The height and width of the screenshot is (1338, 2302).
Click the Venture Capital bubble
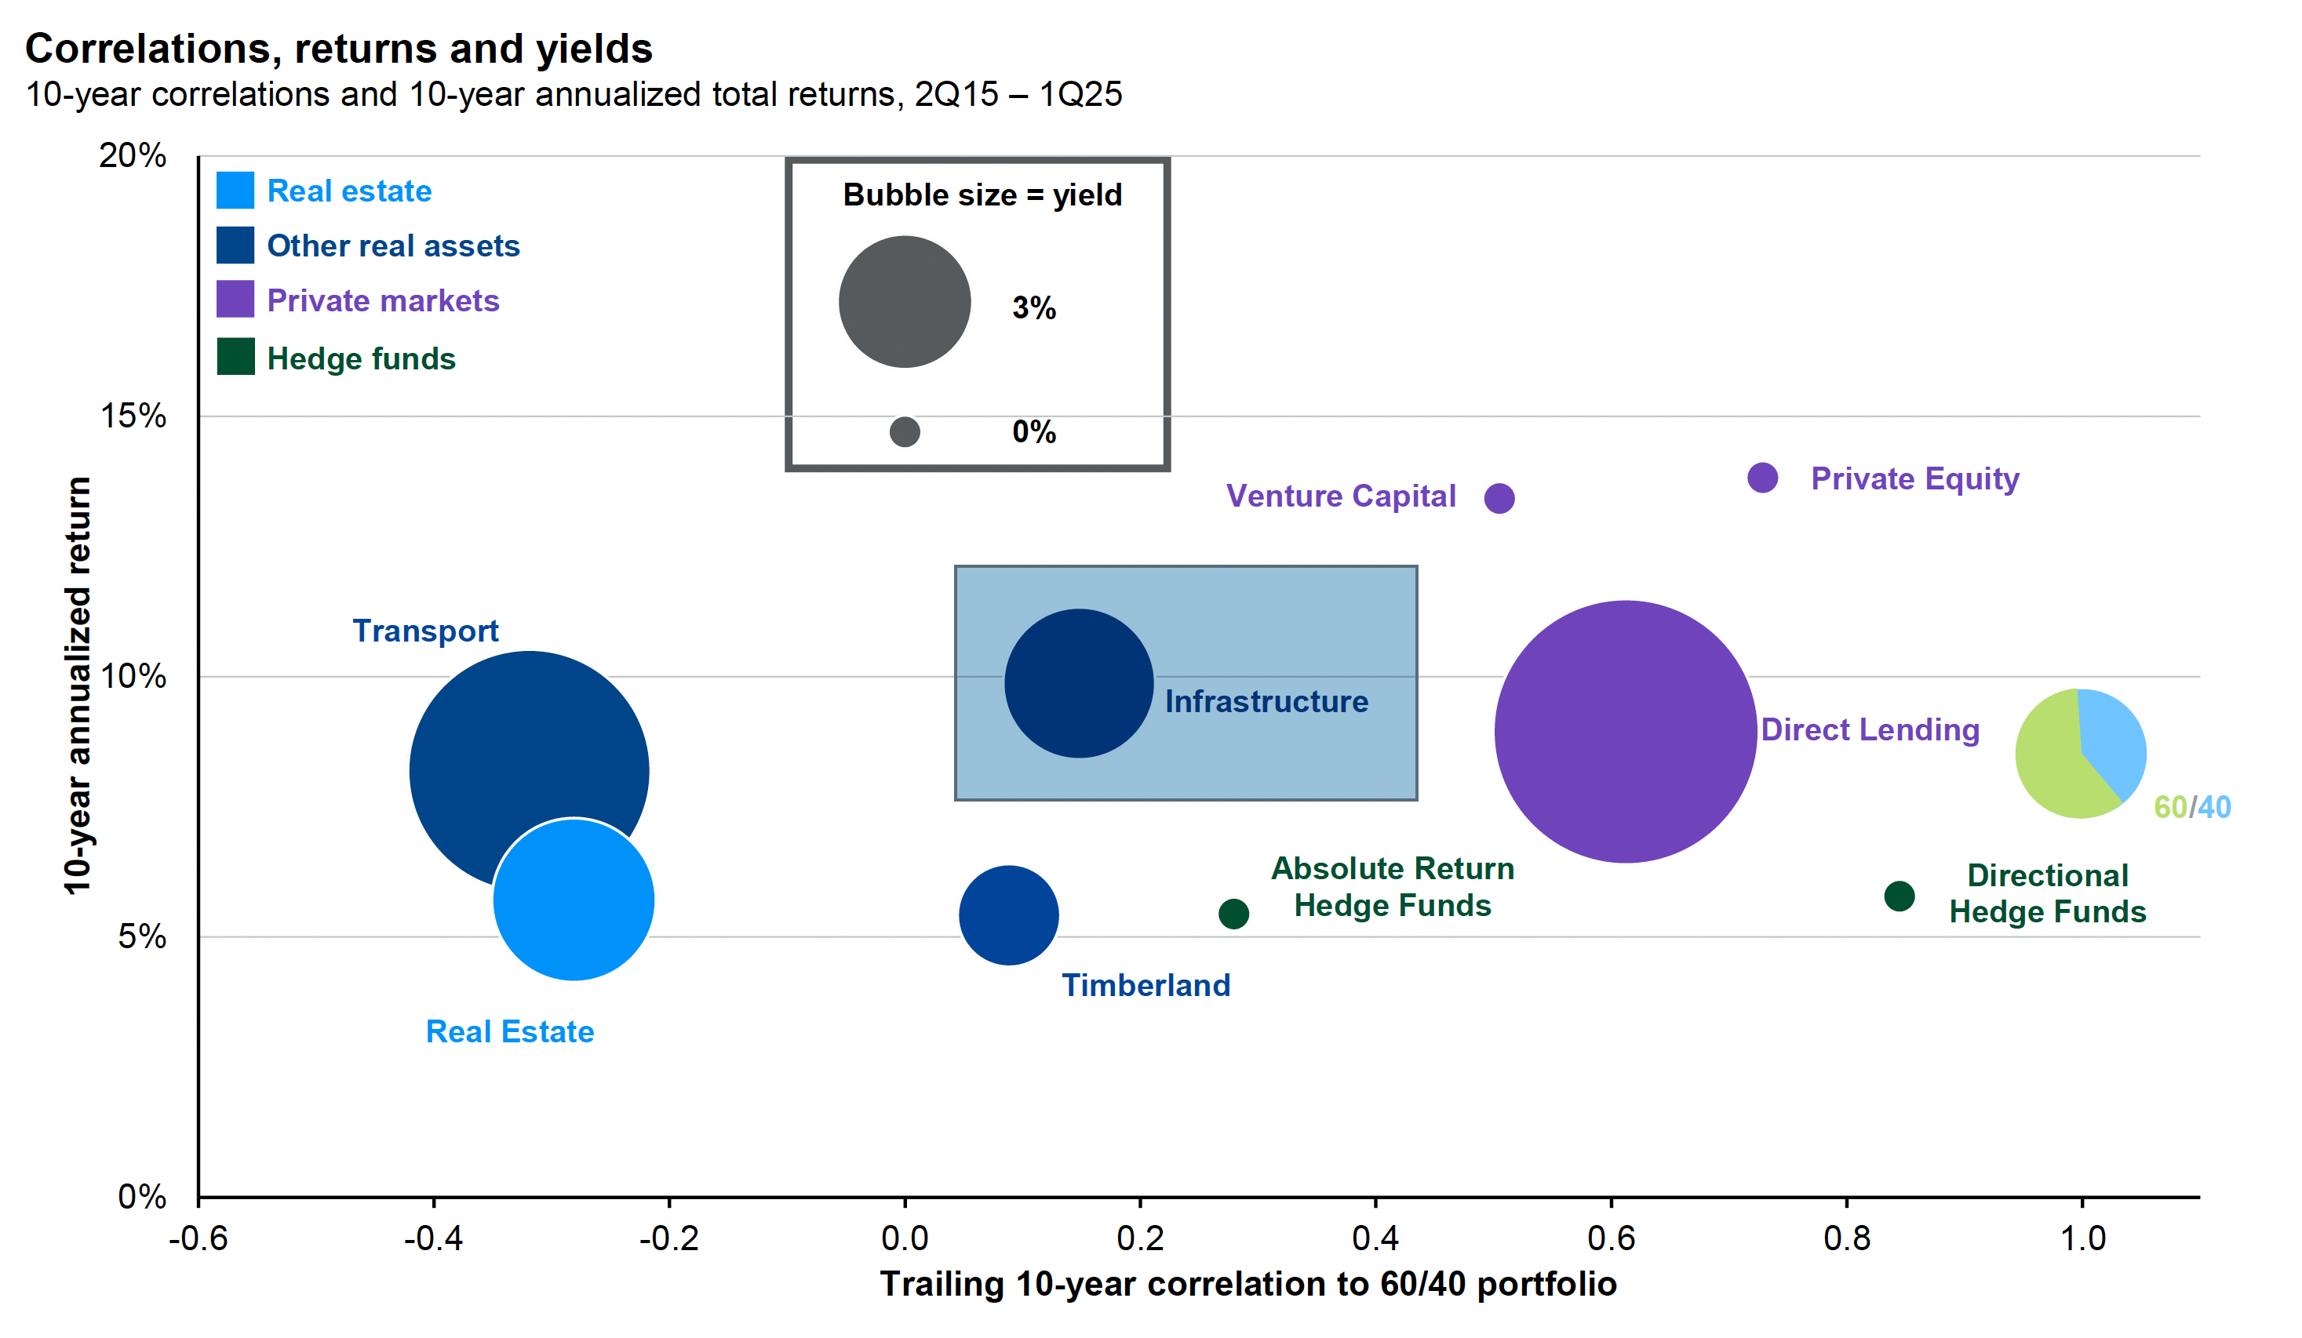[x=1499, y=498]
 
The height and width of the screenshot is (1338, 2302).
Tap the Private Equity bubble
[x=1762, y=477]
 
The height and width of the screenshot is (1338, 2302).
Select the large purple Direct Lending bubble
[x=1625, y=731]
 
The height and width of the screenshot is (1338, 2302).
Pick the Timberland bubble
[x=1008, y=914]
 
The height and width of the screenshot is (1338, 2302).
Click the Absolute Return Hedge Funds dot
[x=1233, y=914]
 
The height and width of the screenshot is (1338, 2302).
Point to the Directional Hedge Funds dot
[x=1900, y=896]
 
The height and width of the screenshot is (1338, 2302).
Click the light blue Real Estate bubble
[x=574, y=900]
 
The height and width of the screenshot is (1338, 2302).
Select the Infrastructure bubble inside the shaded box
[x=1079, y=683]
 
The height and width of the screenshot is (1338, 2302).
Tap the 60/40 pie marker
[x=2080, y=754]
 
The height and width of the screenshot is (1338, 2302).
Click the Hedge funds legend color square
[x=235, y=357]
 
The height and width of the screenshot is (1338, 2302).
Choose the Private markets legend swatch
[x=235, y=300]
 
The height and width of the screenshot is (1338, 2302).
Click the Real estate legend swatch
[x=235, y=190]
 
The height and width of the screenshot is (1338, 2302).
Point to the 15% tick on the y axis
[x=133, y=416]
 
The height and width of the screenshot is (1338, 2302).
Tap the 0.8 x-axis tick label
[x=1846, y=1238]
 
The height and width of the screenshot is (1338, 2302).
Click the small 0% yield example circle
[x=905, y=431]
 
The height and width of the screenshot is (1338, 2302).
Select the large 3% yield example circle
[x=905, y=302]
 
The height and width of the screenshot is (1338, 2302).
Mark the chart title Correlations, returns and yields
[x=339, y=49]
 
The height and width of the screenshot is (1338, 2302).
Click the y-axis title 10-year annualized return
[x=78, y=685]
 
